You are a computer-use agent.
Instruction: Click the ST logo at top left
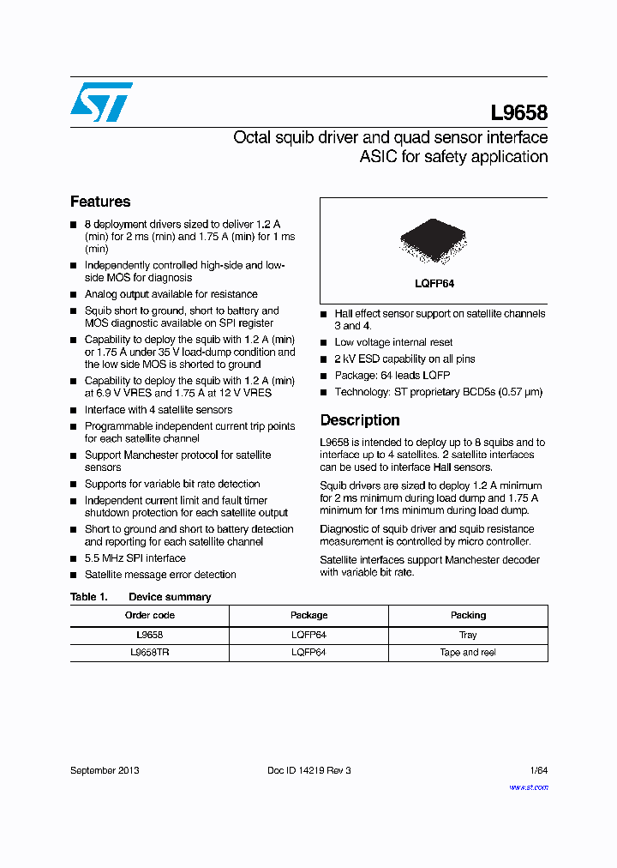(101, 102)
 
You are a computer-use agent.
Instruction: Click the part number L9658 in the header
(518, 113)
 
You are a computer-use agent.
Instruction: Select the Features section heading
(100, 202)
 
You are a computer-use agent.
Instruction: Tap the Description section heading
(360, 420)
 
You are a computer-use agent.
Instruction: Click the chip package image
(434, 243)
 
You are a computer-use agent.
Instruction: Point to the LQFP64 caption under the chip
(434, 284)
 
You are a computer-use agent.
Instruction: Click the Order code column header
(150, 615)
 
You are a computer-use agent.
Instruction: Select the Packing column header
(468, 615)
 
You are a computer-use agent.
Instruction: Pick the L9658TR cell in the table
(150, 652)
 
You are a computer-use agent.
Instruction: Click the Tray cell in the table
(468, 635)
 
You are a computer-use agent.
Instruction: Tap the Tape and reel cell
(468, 652)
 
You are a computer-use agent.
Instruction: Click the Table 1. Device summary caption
(141, 597)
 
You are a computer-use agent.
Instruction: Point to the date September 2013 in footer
(105, 770)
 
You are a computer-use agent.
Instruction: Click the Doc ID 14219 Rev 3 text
(309, 770)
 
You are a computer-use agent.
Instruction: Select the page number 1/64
(538, 770)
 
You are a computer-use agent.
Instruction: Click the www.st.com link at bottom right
(528, 787)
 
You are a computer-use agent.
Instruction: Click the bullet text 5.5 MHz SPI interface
(135, 558)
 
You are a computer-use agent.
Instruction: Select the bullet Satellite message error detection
(160, 575)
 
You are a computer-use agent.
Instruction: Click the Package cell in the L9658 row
(308, 635)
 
